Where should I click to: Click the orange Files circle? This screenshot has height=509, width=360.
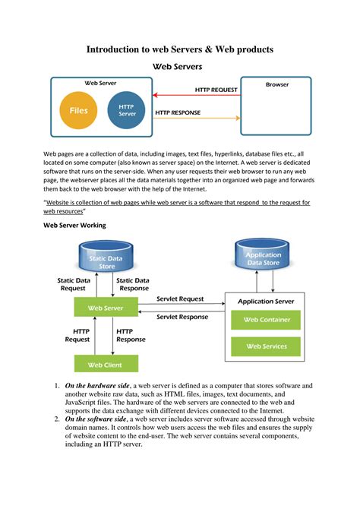pos(78,111)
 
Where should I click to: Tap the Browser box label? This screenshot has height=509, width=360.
pos(276,85)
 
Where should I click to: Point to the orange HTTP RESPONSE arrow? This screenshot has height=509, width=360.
pos(196,119)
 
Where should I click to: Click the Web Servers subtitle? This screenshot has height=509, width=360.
pos(179,66)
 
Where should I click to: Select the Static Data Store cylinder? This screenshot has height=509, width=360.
pos(112,258)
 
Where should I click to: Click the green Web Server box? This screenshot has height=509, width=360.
pos(106,308)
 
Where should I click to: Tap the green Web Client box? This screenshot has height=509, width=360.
pos(106,365)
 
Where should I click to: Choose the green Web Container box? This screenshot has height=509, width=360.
pos(267,320)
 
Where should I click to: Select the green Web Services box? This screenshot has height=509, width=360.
pos(267,346)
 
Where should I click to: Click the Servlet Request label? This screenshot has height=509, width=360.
pos(180,299)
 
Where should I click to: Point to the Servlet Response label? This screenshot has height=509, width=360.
pos(182,316)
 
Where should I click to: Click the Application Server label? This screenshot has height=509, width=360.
pos(266,302)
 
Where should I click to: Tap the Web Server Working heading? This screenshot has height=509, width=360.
pos(74,226)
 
